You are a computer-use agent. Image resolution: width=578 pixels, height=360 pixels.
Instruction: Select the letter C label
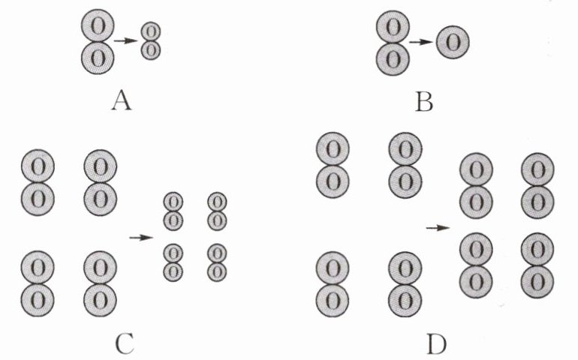125,343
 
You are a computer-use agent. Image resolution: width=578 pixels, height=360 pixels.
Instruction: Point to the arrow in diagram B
421,42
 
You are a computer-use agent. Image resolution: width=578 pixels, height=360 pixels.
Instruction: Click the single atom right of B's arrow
452,42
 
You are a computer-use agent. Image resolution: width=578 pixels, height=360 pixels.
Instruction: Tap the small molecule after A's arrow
151,40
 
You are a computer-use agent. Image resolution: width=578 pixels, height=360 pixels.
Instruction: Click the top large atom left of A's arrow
97,25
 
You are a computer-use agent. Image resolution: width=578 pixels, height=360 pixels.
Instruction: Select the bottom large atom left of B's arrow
392,57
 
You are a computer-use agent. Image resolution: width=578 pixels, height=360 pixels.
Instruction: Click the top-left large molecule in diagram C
37,181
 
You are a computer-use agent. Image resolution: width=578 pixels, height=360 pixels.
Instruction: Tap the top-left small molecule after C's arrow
173,211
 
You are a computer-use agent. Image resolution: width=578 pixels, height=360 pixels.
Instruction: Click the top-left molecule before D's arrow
334,165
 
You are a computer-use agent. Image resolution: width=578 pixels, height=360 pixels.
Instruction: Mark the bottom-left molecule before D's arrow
334,284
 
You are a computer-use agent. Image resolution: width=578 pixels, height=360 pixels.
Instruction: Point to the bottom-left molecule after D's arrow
476,263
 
